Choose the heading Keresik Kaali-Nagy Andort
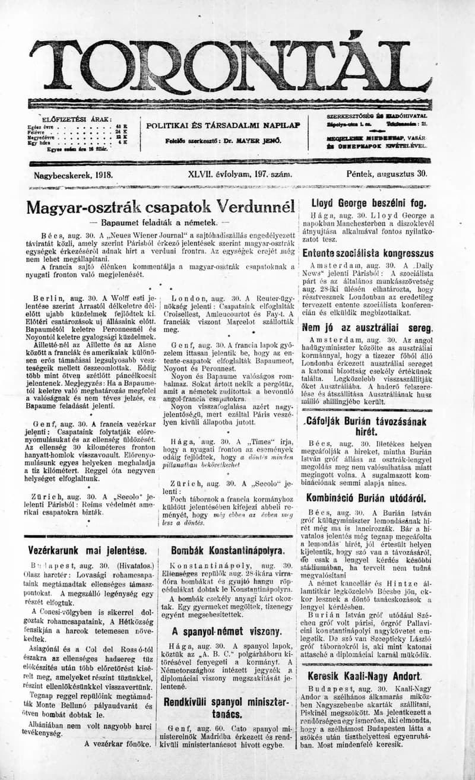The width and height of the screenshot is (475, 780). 365,676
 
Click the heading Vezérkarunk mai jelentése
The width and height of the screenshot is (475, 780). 87,550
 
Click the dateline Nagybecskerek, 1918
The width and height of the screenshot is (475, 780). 74,176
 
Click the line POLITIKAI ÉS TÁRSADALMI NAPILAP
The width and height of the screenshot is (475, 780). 223,125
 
